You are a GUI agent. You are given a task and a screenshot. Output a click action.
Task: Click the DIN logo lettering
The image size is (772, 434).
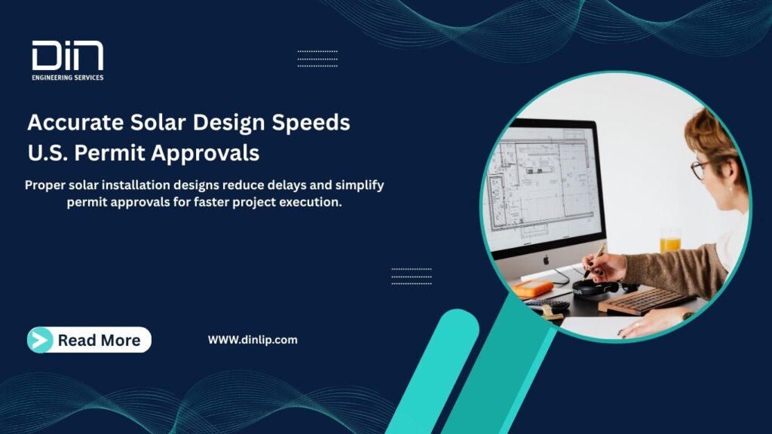point(67,57)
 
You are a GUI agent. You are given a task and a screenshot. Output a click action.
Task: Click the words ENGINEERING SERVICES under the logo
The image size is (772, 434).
point(67,78)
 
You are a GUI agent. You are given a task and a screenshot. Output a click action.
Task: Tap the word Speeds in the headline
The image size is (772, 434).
point(311,123)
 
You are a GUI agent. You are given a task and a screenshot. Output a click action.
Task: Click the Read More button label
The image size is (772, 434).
point(99,341)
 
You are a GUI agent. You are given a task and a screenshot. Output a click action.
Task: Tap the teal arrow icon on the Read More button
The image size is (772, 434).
point(41,341)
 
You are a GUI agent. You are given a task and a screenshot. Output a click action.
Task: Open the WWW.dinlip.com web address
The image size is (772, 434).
point(253,340)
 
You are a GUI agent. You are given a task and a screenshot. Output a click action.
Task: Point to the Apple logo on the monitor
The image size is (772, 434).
point(545,259)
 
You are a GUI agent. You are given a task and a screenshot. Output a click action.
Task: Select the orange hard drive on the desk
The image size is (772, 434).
point(533,288)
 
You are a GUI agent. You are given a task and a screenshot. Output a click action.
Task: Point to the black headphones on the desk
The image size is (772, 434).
point(596,287)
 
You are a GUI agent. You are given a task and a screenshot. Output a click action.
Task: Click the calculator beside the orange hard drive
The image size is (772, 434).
point(548,304)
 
